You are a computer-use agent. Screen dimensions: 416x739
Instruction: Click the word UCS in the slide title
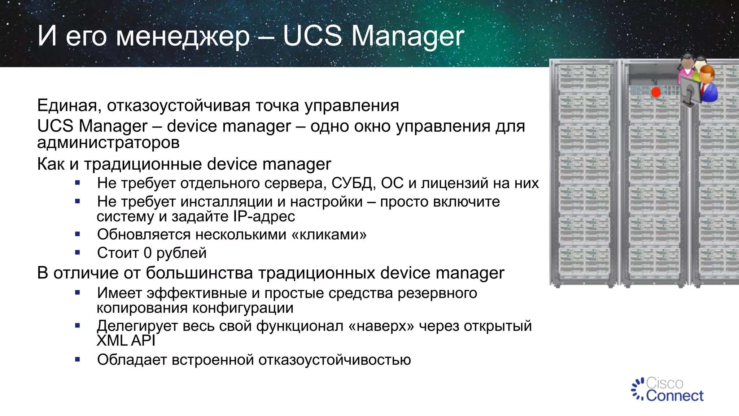(x=312, y=36)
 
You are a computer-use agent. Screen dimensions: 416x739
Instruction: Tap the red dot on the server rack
(x=656, y=92)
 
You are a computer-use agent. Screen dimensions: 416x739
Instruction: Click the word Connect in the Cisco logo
(x=674, y=396)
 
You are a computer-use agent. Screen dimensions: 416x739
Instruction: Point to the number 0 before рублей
(x=147, y=253)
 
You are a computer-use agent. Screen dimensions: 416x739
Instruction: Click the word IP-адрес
(x=264, y=216)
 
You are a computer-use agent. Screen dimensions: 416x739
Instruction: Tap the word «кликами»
(x=329, y=234)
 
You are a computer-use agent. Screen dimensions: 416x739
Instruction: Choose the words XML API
(x=126, y=341)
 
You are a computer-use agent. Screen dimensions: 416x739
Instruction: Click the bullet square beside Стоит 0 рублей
(x=77, y=252)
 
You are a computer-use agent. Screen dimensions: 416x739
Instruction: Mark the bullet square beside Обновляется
(x=77, y=234)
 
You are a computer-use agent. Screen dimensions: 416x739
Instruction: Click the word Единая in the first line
(x=67, y=105)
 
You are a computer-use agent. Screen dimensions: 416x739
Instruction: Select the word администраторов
(x=108, y=143)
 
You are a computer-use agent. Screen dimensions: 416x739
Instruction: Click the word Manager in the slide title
(x=407, y=36)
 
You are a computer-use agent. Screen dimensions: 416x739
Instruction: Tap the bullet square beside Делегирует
(x=77, y=325)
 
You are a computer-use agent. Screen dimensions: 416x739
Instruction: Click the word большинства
(x=199, y=273)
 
